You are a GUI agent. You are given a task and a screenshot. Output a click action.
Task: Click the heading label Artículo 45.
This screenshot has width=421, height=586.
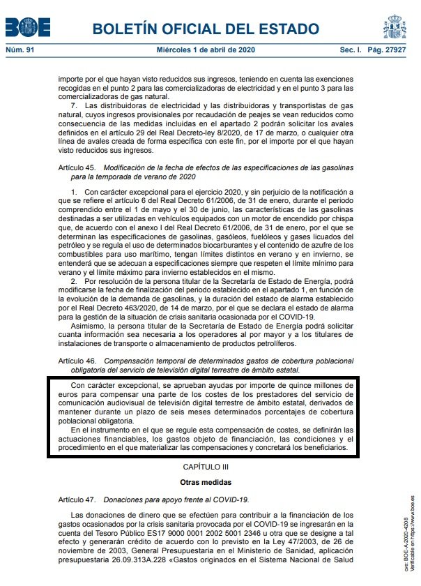(78, 168)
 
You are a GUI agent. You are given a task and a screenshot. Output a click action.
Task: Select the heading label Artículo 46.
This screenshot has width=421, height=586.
(78, 361)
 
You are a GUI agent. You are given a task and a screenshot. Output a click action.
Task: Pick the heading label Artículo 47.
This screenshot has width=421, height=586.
(78, 499)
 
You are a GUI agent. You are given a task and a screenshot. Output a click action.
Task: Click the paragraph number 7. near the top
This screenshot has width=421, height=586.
(75, 105)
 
